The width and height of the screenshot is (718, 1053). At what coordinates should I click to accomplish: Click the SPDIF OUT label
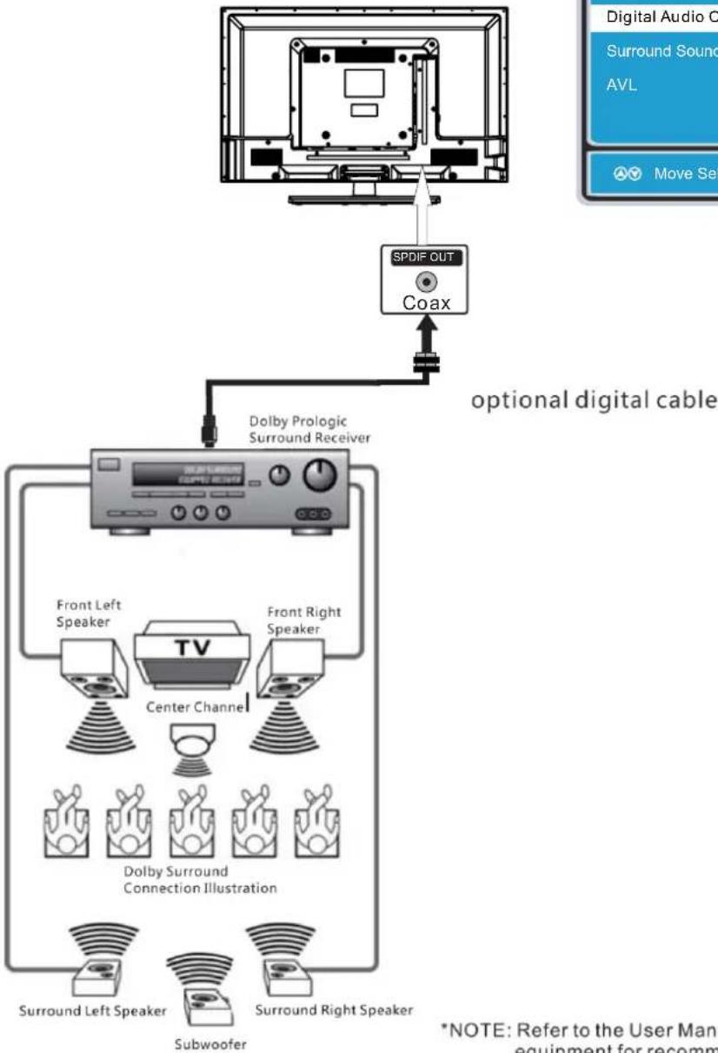425,258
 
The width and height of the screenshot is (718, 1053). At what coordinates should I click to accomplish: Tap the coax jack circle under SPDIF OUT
425,281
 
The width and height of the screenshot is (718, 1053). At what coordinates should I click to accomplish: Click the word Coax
425,303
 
